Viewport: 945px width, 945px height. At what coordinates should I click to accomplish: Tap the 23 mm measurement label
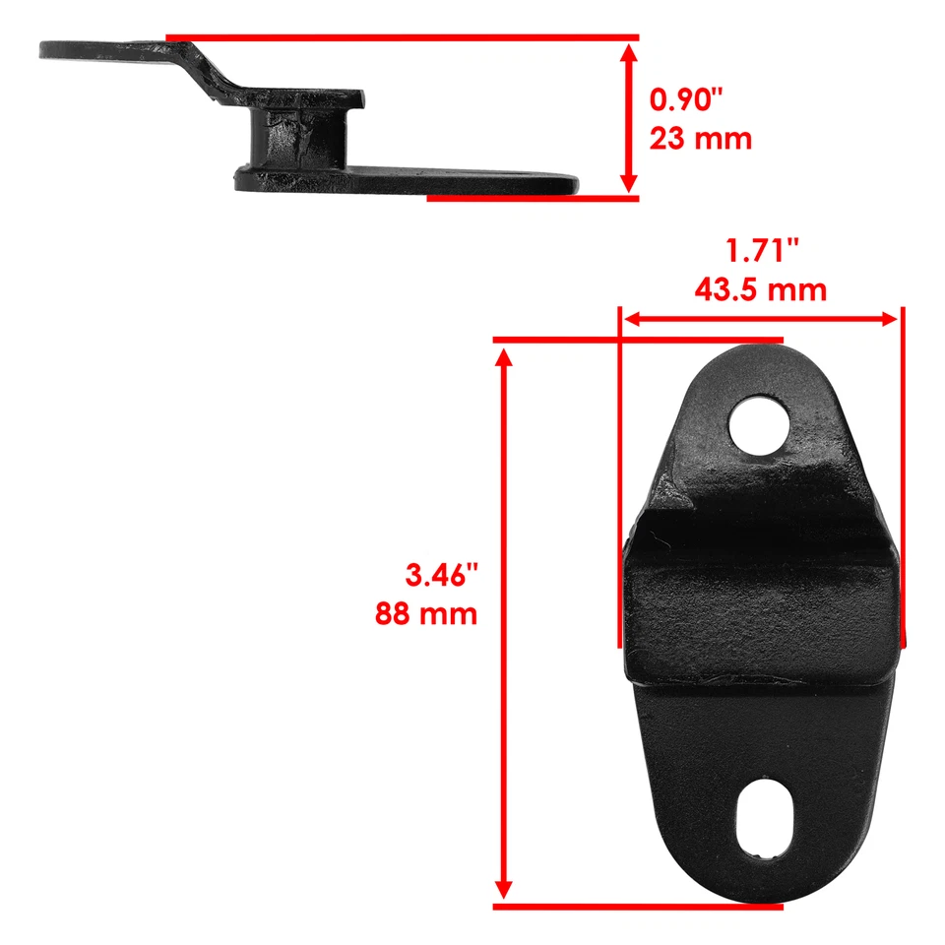(x=700, y=138)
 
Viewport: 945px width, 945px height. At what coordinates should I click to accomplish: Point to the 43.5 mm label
(x=759, y=290)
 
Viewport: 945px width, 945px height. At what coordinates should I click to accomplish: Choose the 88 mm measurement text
(x=426, y=614)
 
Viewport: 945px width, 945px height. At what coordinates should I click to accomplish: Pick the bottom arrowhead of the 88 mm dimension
(x=506, y=892)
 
